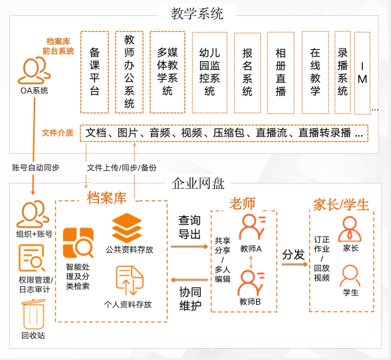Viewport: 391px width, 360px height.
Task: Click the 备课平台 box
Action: (x=94, y=72)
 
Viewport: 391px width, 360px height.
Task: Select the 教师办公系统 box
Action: (x=129, y=72)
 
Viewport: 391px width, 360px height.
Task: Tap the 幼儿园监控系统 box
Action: (x=209, y=73)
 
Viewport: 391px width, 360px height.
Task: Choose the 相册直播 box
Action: (x=281, y=73)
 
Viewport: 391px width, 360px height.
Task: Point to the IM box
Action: (x=362, y=73)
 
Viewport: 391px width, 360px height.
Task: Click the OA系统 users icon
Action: (x=34, y=70)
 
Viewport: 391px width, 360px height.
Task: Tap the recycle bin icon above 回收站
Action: (x=33, y=314)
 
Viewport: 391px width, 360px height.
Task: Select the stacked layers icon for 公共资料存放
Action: (x=127, y=228)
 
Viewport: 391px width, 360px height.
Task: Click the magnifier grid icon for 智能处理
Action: (x=78, y=242)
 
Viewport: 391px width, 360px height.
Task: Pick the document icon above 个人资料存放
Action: (x=130, y=281)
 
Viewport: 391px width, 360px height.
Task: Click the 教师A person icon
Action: (x=252, y=228)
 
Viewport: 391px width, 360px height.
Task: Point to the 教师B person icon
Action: (x=251, y=283)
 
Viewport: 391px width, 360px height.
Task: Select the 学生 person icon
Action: (x=350, y=275)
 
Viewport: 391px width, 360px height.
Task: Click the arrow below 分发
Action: (x=295, y=264)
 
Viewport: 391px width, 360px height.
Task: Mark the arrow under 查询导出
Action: (x=190, y=246)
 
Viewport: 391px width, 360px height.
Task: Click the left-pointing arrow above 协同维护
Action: (x=190, y=279)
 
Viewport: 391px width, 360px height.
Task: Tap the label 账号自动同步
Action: (x=35, y=168)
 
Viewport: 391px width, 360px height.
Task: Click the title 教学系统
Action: (x=197, y=13)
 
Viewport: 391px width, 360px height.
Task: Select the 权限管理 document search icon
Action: (x=32, y=258)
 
